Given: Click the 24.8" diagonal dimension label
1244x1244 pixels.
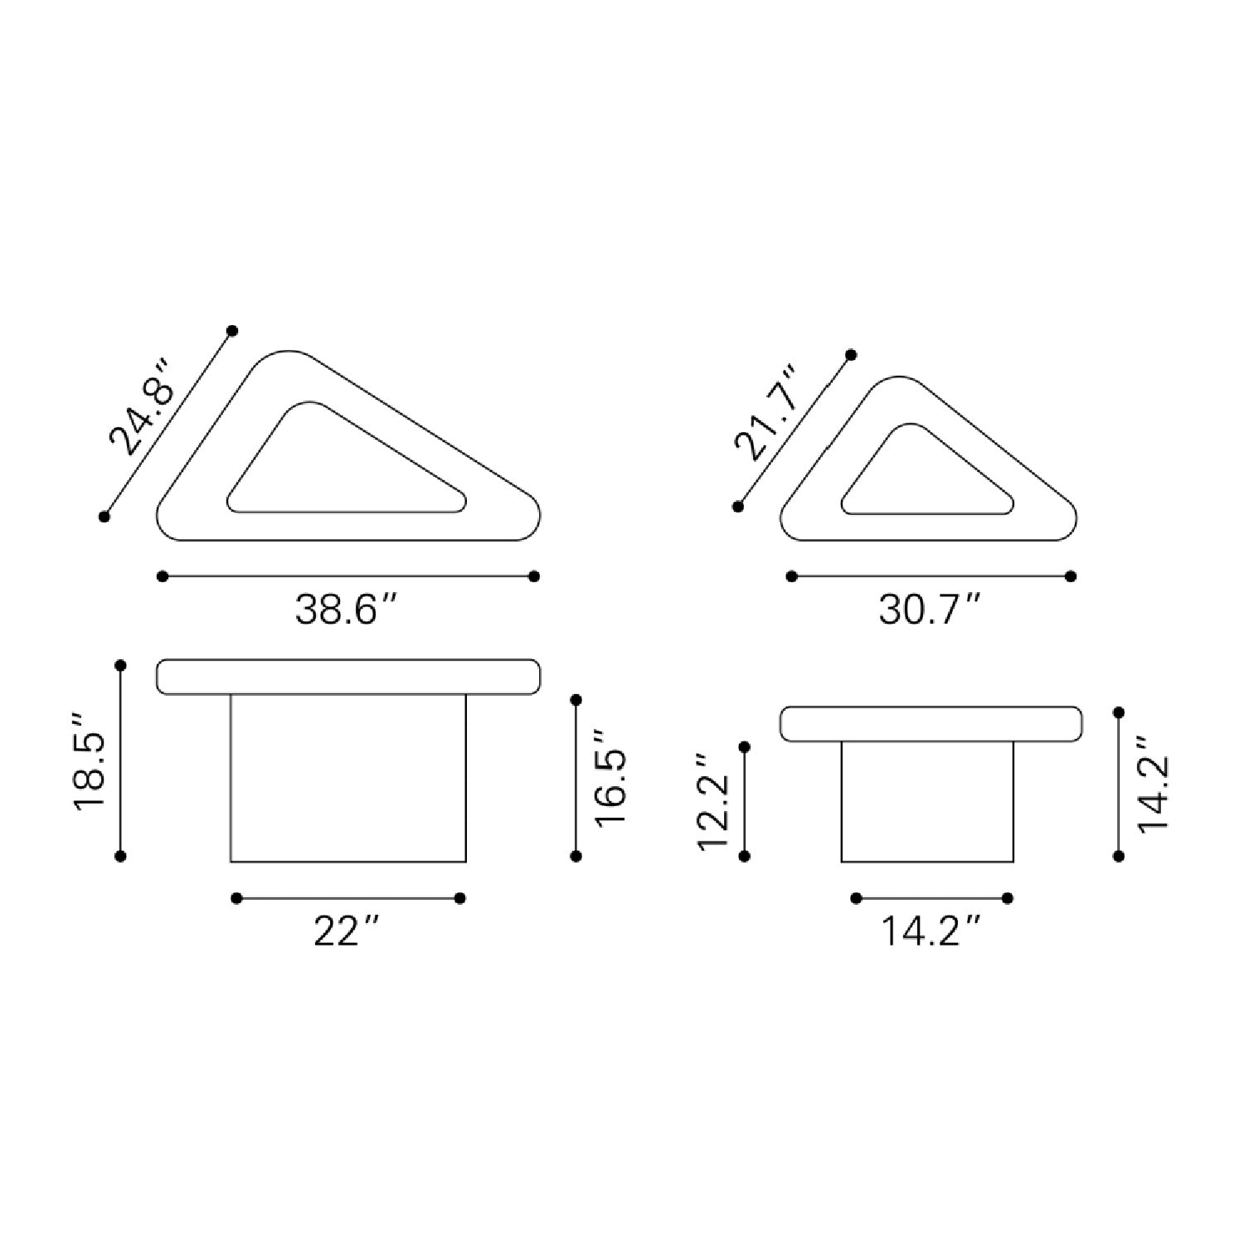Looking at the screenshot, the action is (x=142, y=407).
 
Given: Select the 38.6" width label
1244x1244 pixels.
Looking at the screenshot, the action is (x=348, y=610).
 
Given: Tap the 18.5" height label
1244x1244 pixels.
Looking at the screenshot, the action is (x=90, y=760).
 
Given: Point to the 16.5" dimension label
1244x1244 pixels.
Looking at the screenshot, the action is (x=610, y=775).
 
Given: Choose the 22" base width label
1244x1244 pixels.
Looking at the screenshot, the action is (x=347, y=932).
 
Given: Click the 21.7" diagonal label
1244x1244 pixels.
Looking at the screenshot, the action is (x=766, y=413).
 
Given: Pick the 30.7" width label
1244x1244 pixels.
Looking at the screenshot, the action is (x=931, y=610).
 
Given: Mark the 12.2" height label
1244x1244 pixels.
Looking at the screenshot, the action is (x=713, y=802).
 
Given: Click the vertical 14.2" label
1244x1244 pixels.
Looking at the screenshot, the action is (x=1153, y=782).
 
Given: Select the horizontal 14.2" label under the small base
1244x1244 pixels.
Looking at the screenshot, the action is (x=931, y=932).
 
